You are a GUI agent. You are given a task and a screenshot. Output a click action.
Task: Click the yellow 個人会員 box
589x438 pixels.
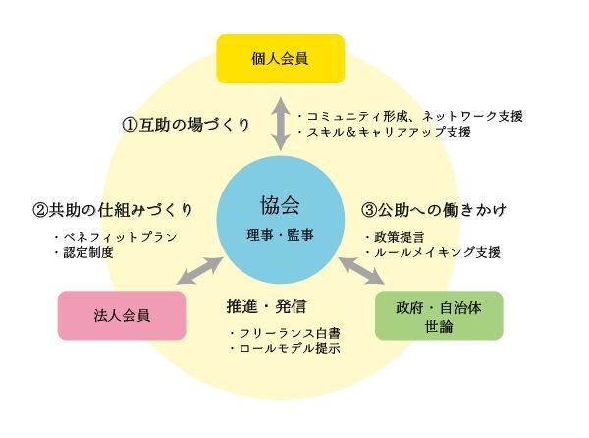click(280, 58)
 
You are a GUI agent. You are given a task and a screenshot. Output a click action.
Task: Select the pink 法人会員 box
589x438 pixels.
click(122, 315)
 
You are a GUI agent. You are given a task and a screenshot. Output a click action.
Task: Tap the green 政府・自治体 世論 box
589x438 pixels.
click(439, 315)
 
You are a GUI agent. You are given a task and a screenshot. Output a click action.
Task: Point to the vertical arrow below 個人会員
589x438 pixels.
click(280, 122)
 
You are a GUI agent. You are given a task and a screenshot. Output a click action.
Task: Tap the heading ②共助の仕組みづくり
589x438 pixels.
click(111, 210)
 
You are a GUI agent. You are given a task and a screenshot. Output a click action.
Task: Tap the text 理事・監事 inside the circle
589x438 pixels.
click(280, 233)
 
